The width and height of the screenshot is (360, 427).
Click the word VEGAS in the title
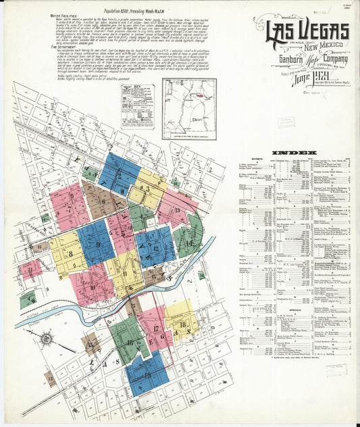[324, 31]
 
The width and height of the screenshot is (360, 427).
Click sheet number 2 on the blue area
[118, 173]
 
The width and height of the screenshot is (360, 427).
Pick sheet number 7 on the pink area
[68, 209]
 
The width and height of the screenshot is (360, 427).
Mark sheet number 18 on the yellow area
[182, 325]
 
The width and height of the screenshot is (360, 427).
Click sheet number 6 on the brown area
[103, 201]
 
